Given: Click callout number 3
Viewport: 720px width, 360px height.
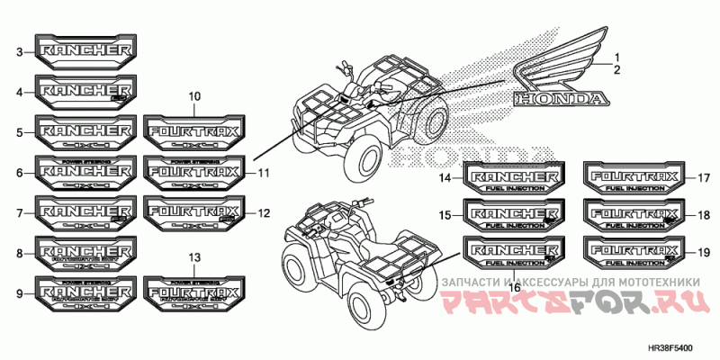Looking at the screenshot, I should (x=19, y=52).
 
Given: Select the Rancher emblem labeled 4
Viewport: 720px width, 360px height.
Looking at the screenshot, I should (x=85, y=91).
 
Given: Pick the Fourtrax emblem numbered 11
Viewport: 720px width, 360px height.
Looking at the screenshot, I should (x=193, y=172).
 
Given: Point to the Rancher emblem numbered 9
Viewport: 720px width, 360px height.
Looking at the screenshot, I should (x=85, y=293).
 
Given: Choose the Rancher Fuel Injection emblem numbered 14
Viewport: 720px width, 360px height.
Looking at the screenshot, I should (x=514, y=177).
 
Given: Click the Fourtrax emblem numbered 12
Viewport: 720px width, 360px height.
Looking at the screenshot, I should (x=193, y=212).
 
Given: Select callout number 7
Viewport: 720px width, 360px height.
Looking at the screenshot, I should (x=19, y=213).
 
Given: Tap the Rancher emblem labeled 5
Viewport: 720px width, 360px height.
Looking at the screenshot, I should (x=85, y=131).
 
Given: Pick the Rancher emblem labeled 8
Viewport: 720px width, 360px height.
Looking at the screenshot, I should (x=85, y=253).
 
